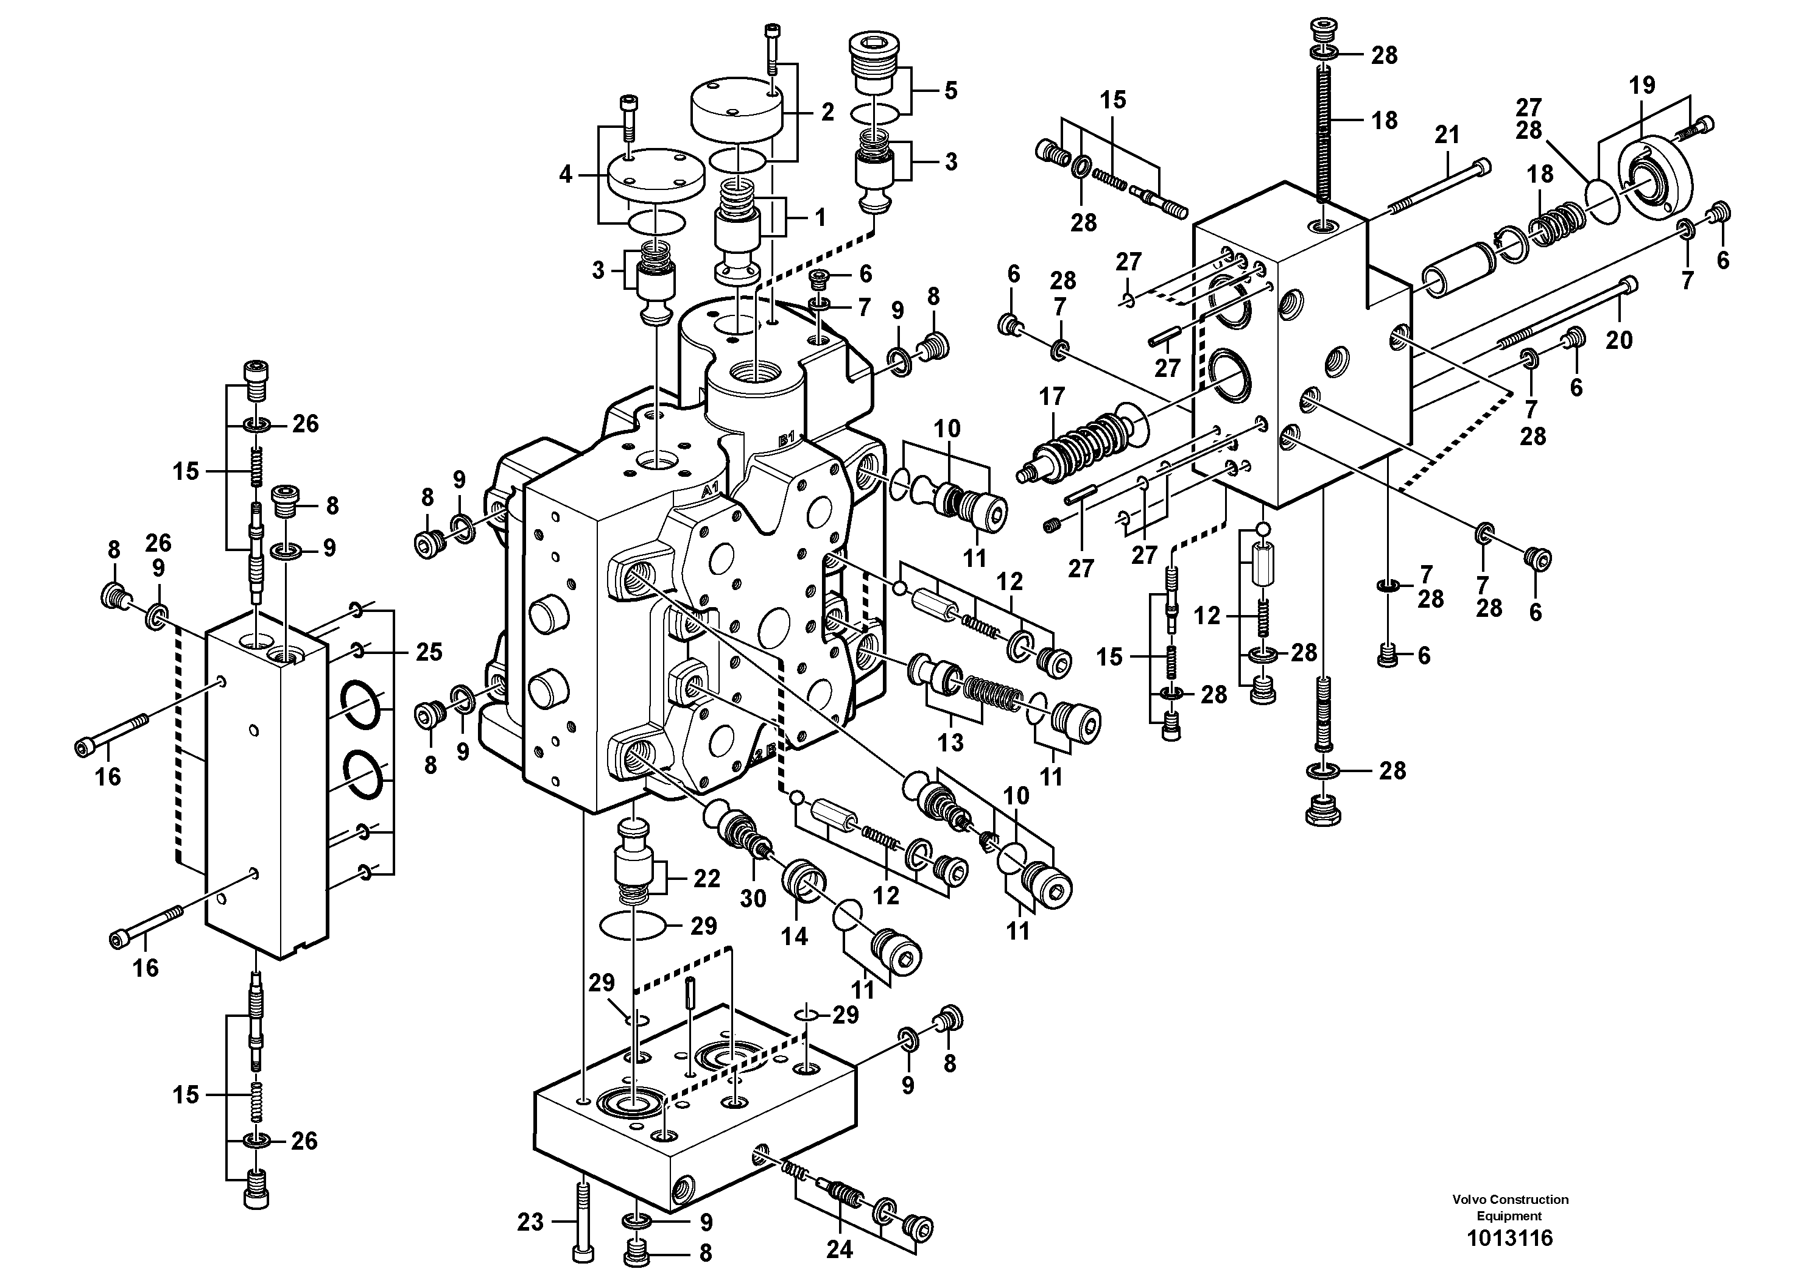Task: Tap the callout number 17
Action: click(1052, 396)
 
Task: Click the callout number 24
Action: click(840, 1250)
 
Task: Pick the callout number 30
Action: click(753, 899)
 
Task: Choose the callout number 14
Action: click(795, 936)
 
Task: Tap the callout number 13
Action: click(950, 742)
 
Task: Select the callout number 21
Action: click(1447, 135)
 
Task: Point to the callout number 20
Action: click(1620, 340)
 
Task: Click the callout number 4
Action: click(565, 174)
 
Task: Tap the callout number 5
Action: click(951, 91)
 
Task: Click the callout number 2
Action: click(827, 112)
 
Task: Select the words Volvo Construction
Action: click(1510, 1200)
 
